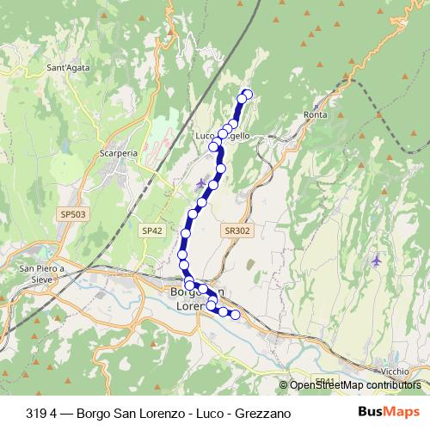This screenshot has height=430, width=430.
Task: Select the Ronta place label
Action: pos(317,114)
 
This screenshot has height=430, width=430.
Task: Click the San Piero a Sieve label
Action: pos(42,273)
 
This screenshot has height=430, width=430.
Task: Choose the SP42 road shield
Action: pos(152,230)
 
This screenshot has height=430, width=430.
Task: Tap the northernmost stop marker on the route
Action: pos(249,94)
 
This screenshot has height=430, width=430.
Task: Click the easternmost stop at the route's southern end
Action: pos(235,315)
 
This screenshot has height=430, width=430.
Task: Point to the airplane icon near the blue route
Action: pos(200,182)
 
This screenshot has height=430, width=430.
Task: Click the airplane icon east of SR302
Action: pos(375,259)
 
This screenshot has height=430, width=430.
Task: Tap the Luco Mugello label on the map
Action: pos(222,136)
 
